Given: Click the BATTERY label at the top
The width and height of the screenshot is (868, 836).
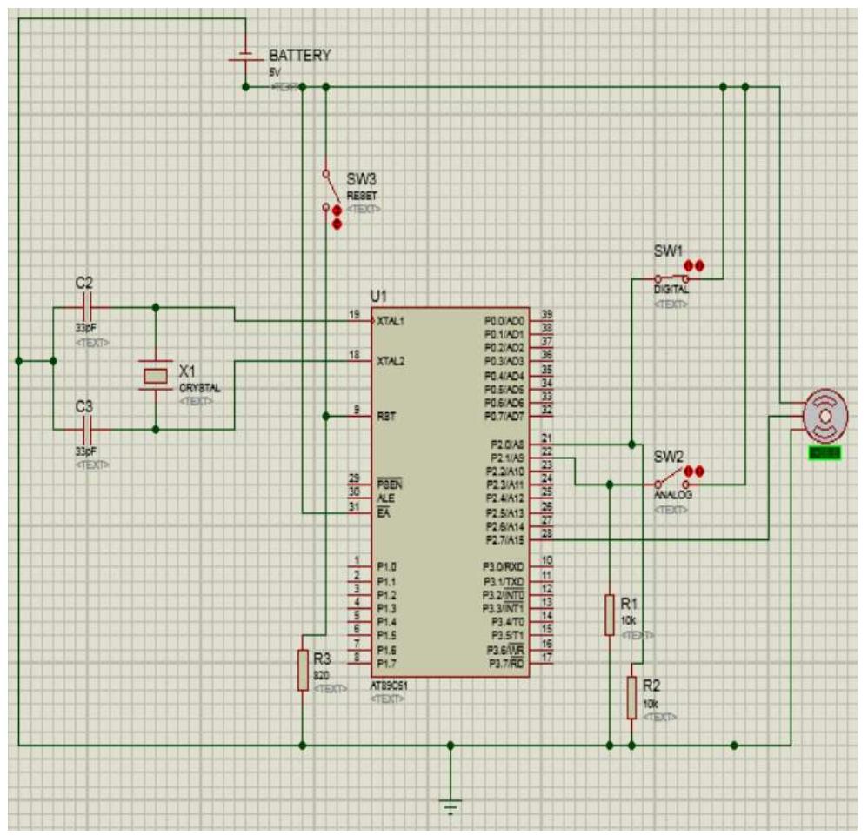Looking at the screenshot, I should pos(299,55).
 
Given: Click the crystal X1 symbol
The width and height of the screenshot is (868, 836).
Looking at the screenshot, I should pos(156,375).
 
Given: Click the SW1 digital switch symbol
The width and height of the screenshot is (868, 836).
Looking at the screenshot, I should pos(671,279).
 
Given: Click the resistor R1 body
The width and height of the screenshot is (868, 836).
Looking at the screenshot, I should pos(609,615).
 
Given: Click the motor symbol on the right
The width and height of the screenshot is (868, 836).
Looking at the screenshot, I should pos(823,416).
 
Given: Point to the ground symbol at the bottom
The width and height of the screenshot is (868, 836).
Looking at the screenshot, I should pos(450,806).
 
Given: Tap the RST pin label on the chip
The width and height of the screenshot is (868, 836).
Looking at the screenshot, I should pos(386,417).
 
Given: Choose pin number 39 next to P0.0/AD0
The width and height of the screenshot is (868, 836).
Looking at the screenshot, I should pos(546,314).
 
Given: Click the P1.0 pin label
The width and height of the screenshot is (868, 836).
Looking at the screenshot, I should pos(386,567).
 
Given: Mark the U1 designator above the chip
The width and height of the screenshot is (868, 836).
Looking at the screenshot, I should pos(377,295).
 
